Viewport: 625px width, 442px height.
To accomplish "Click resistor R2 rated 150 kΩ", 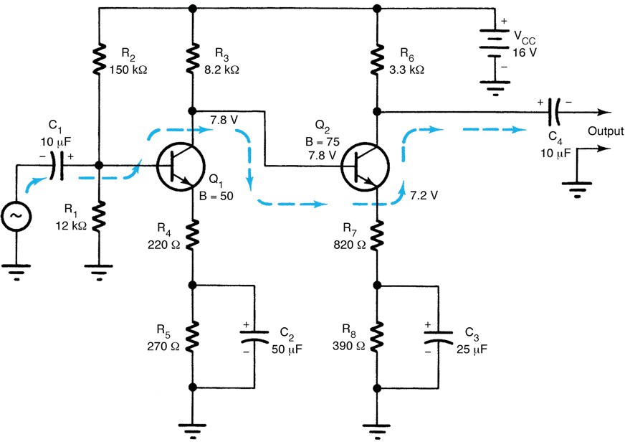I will tap(97, 62).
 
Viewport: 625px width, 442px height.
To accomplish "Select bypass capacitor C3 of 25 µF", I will tap(439, 337).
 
